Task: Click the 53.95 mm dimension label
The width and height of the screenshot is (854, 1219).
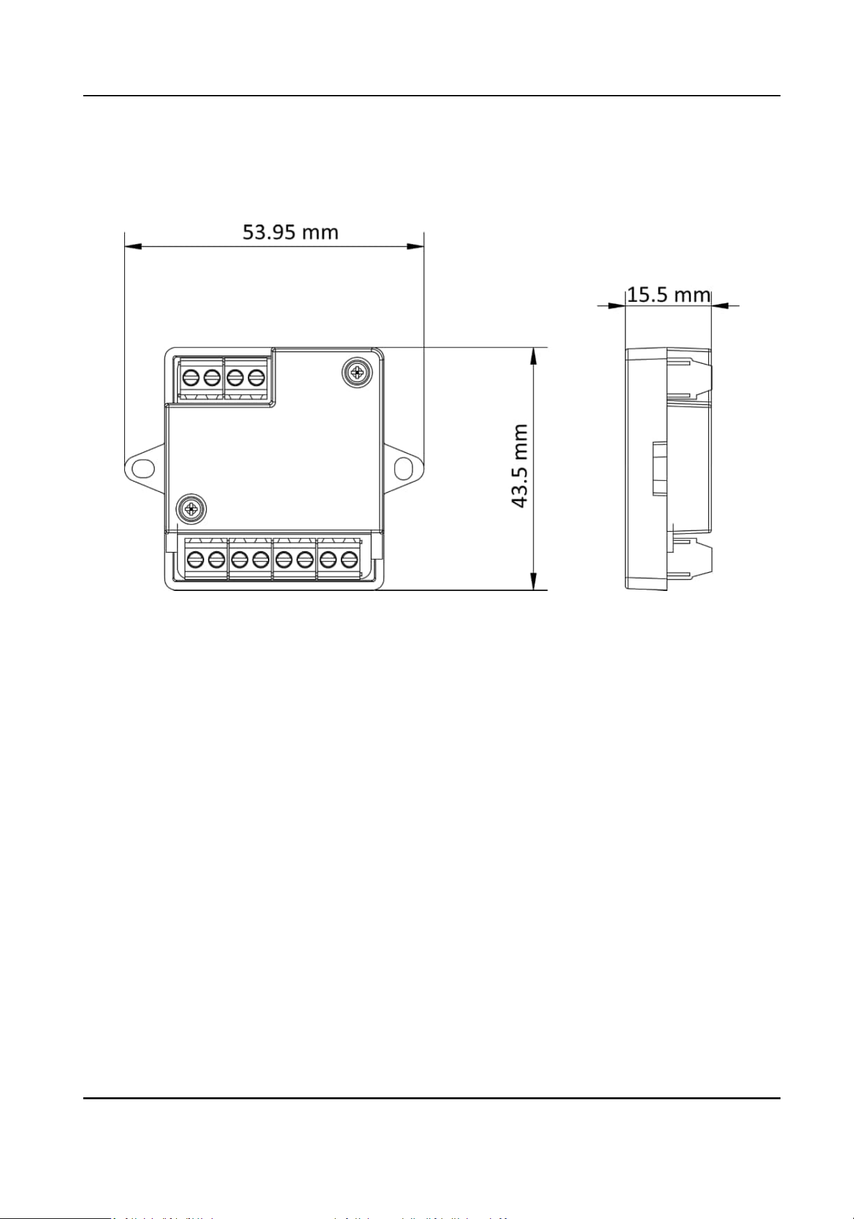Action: click(291, 232)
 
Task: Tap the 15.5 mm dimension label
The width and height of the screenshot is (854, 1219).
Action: click(669, 295)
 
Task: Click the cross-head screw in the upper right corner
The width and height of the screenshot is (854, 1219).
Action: click(356, 372)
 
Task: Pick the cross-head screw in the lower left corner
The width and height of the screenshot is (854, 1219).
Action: click(191, 508)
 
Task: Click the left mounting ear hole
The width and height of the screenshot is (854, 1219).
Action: click(144, 467)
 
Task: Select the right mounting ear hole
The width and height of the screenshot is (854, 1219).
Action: click(404, 467)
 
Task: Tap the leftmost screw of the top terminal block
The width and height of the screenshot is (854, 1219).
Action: click(191, 377)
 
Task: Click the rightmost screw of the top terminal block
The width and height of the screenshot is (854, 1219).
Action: click(258, 377)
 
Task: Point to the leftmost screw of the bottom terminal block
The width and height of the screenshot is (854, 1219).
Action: click(195, 559)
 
